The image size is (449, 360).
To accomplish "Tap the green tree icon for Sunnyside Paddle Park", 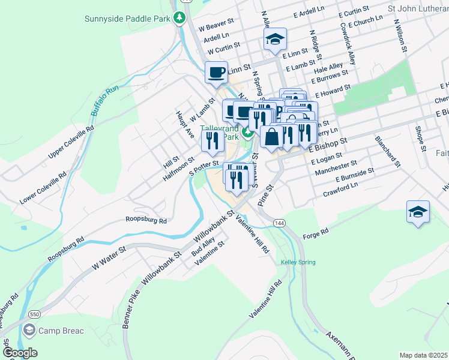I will point(179,18).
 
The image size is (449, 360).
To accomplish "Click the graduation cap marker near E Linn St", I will point(275,40).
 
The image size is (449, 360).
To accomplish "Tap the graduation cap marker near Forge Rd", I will point(418,212).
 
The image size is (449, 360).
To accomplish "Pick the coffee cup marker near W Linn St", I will point(217,73).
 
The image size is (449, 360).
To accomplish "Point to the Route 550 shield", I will point(35,314).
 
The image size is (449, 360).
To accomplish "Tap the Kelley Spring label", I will point(298,262).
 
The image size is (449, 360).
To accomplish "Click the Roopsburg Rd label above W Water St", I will point(146,220).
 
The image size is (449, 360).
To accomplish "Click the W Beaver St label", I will point(215,27).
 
